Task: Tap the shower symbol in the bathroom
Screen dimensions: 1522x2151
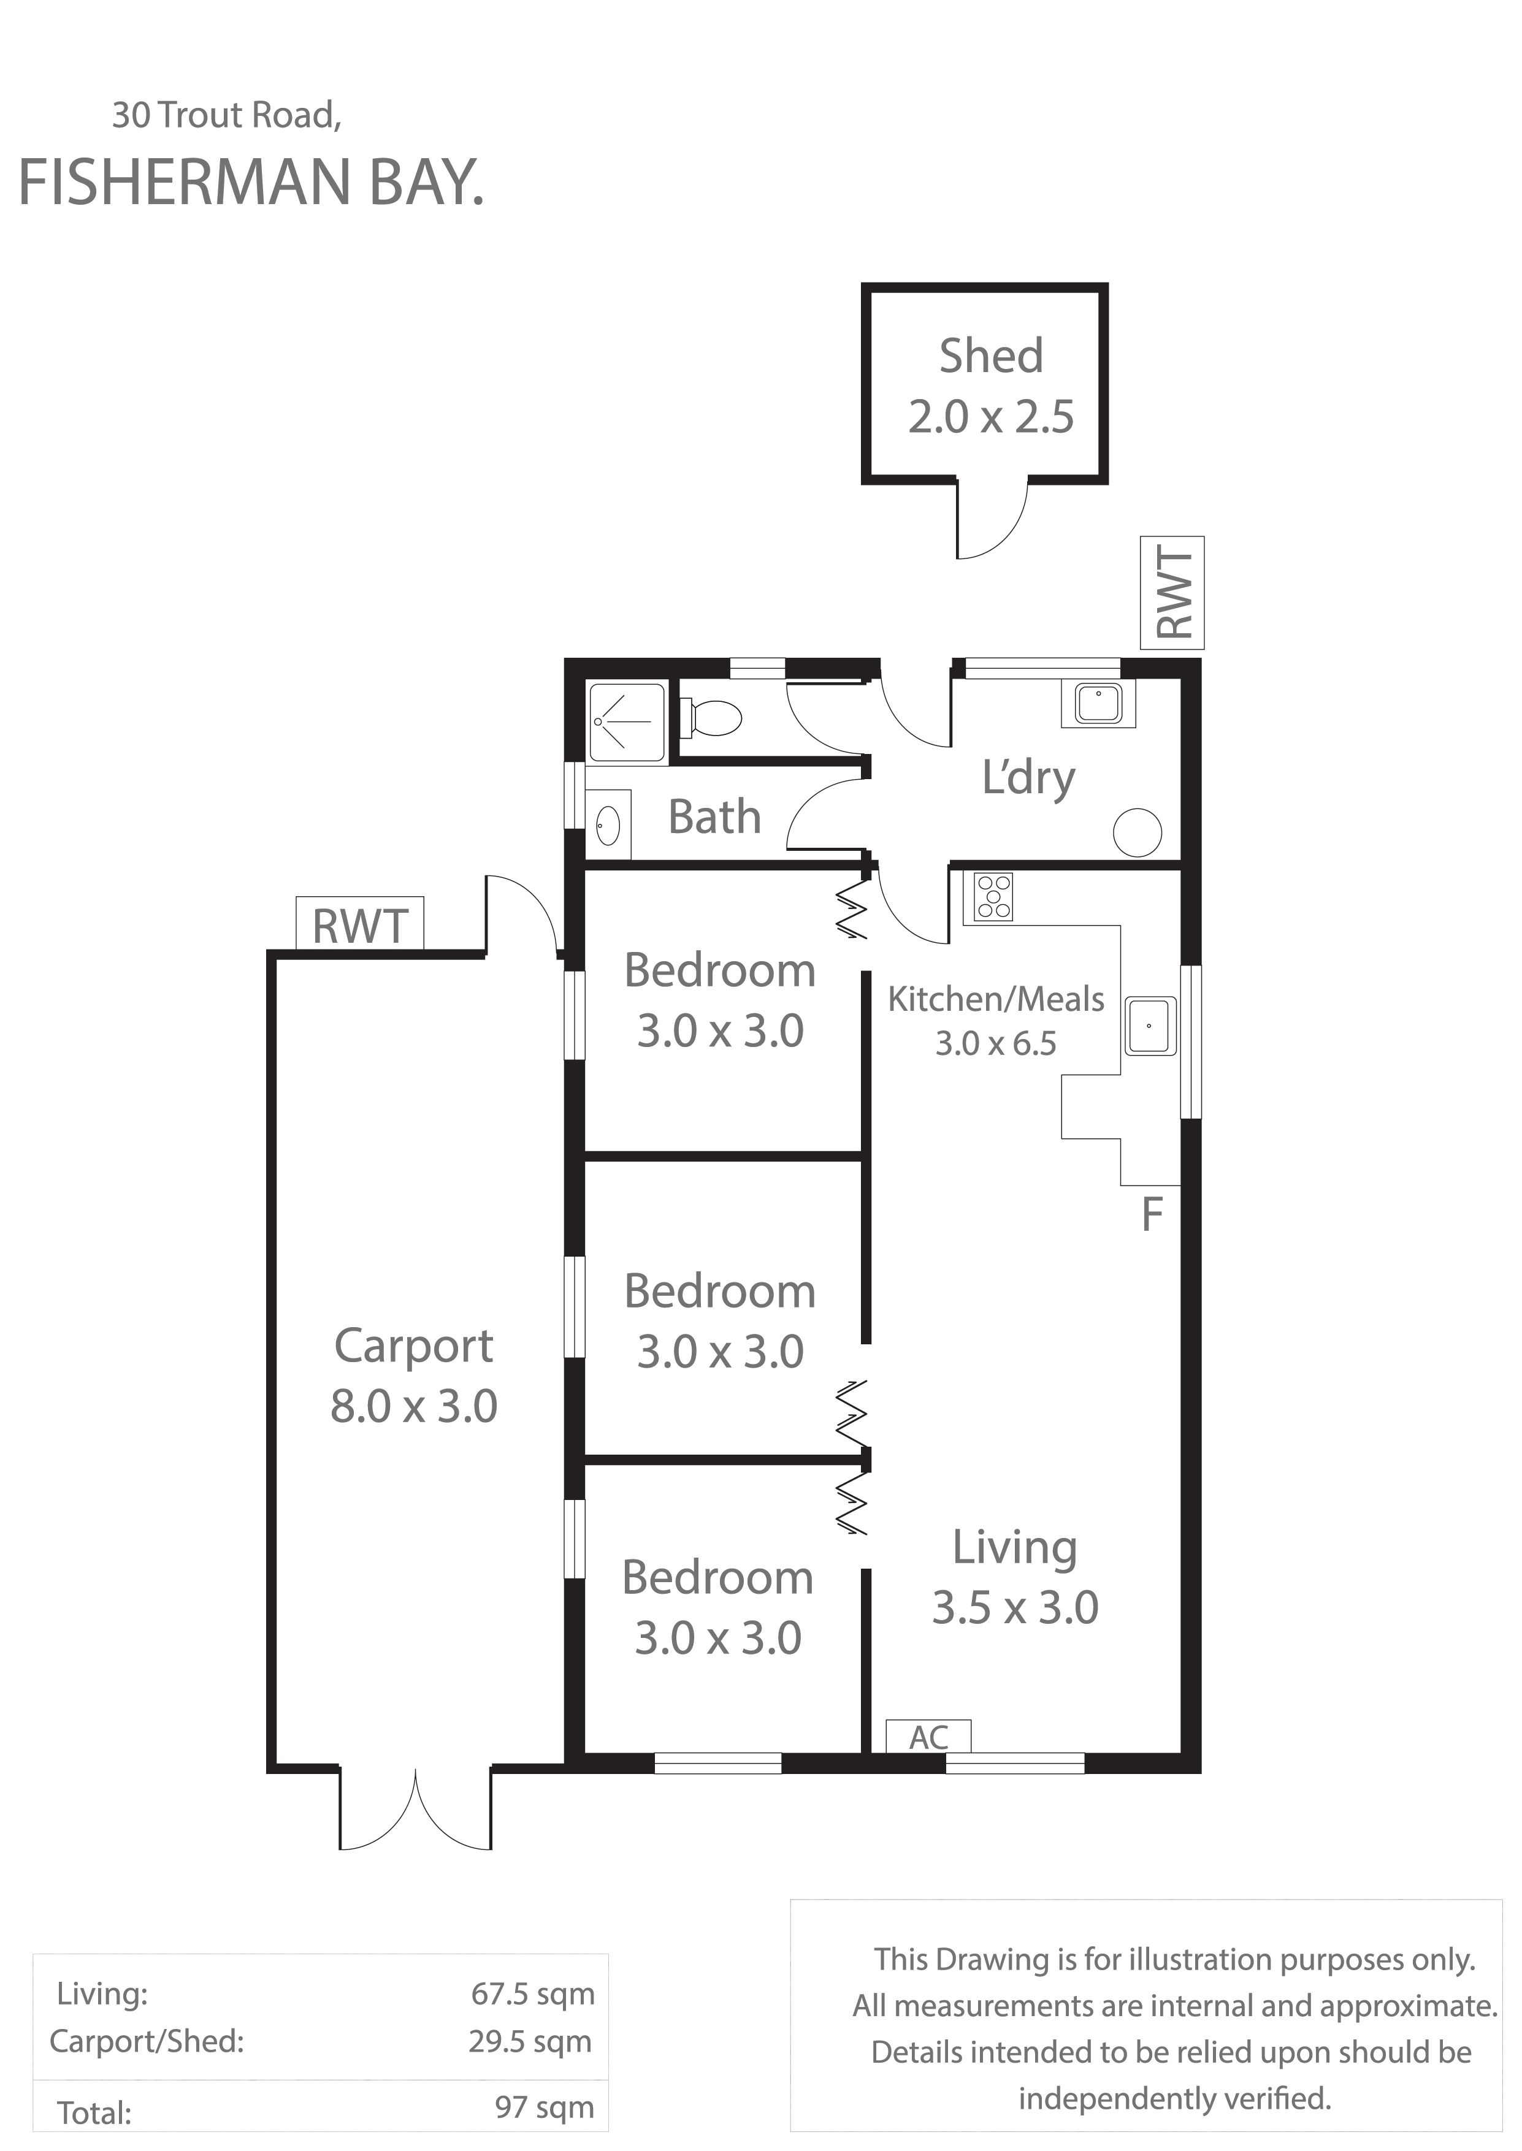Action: pos(627,721)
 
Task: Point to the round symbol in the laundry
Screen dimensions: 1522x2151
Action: pos(1138,832)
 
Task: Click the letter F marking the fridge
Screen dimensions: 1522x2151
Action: pos(1152,1215)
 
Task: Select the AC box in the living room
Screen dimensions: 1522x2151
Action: pos(928,1737)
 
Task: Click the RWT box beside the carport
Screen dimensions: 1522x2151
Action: pos(360,926)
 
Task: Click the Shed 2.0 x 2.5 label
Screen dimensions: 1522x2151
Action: pos(990,387)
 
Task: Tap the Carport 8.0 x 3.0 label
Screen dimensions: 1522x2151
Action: pos(413,1376)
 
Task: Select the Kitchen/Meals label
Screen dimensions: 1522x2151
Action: pos(996,1000)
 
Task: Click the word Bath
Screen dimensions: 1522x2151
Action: pos(714,817)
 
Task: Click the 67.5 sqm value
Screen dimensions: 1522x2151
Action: pos(532,1993)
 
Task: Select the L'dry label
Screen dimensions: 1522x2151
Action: pos(1029,779)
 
